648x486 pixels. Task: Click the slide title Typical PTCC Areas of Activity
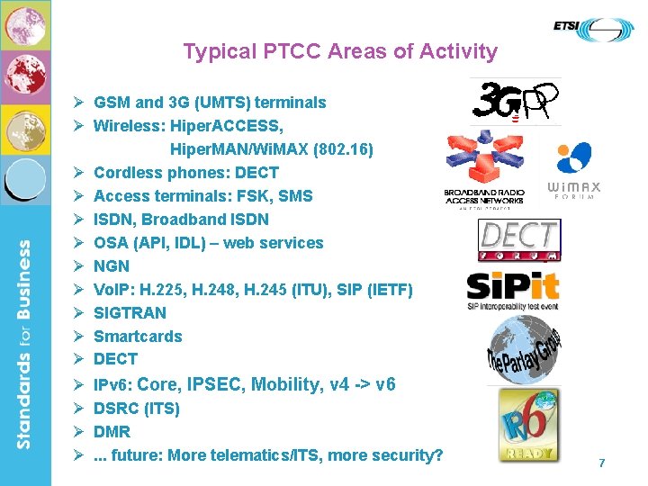340,51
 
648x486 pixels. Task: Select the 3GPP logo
516,102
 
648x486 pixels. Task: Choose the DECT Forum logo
518,239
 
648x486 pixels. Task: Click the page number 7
602,463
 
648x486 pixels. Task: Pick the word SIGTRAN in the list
130,313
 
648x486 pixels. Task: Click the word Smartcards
138,337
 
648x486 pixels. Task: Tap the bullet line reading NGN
112,266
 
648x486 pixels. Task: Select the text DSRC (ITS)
137,409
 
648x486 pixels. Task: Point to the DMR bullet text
112,432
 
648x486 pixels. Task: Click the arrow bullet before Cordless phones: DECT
79,173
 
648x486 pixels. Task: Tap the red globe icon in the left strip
25,77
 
